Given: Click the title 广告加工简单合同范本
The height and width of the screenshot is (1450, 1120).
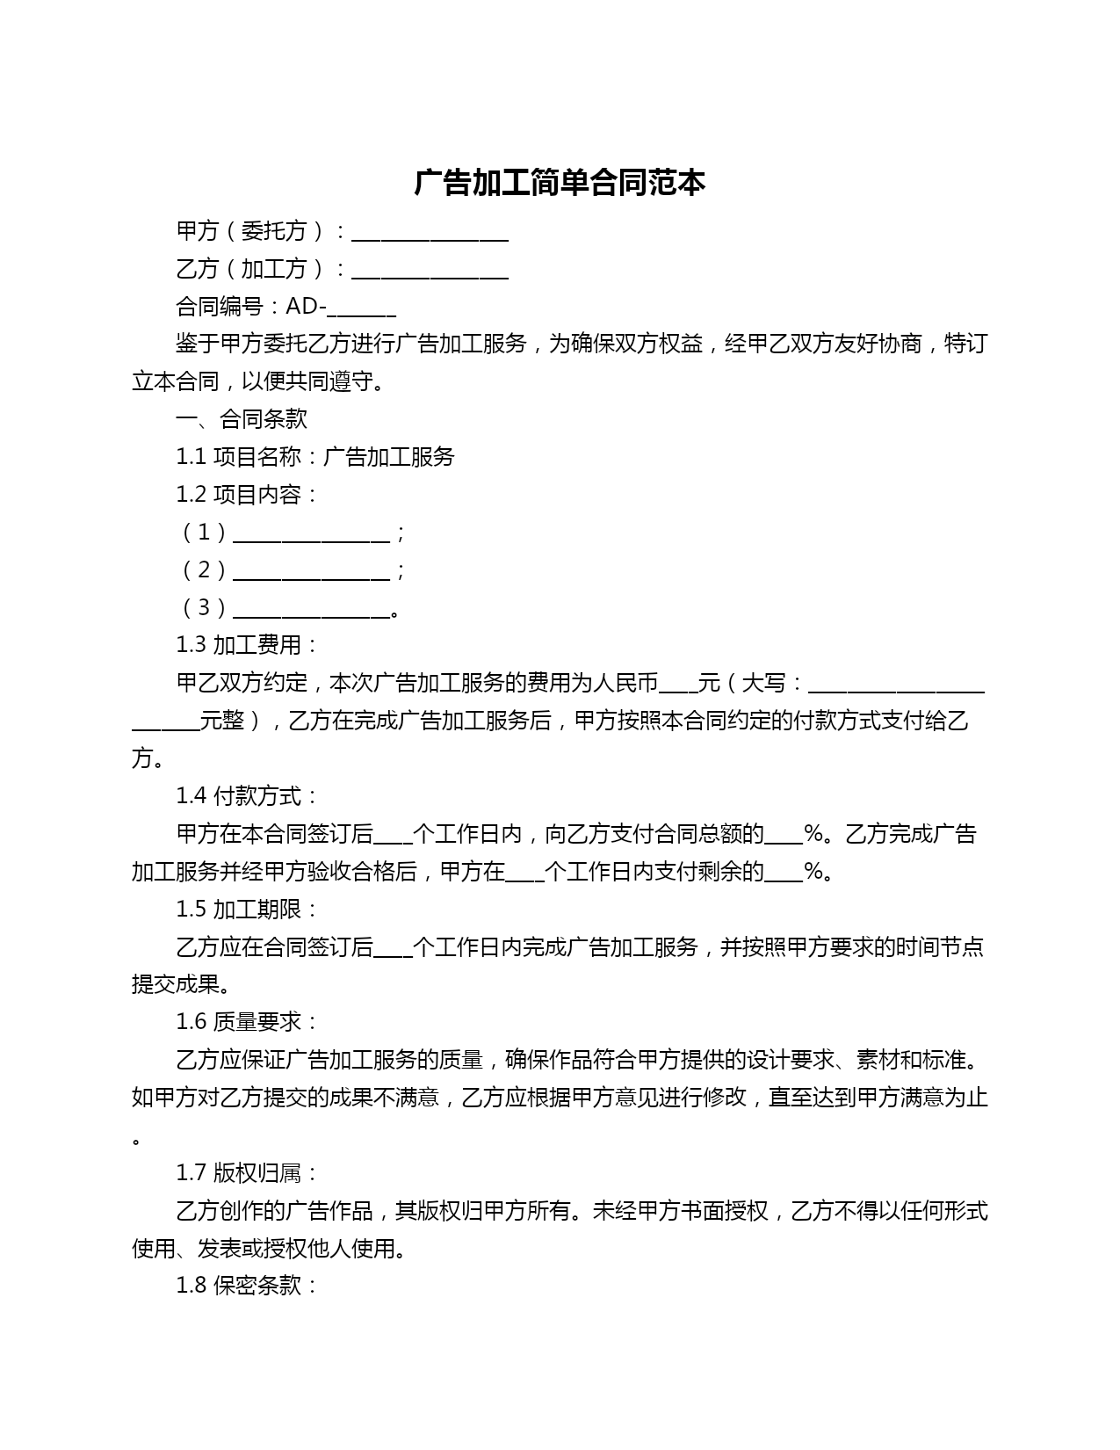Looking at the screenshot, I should pyautogui.click(x=560, y=183).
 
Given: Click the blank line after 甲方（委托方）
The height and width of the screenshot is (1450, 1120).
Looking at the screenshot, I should pyautogui.click(x=430, y=235).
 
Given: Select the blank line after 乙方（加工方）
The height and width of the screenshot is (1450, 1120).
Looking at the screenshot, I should pyautogui.click(x=430, y=272).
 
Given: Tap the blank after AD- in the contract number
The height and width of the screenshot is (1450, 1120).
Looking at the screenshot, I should pyautogui.click(x=365, y=310).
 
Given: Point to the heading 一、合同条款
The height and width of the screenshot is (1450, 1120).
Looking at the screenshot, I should pyautogui.click(x=242, y=419).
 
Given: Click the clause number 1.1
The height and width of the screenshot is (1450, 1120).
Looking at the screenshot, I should pyautogui.click(x=191, y=457).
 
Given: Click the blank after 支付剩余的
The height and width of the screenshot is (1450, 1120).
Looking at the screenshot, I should pyautogui.click(x=784, y=875).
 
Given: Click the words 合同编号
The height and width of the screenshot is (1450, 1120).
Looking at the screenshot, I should pyautogui.click(x=220, y=307).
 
